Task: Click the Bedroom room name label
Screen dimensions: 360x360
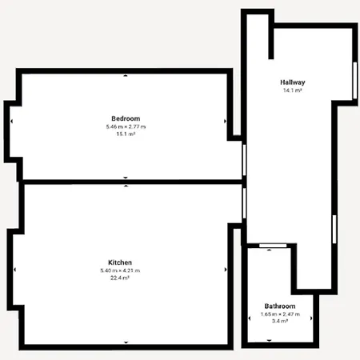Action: pos(126,118)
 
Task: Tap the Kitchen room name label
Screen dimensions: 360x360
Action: pos(120,262)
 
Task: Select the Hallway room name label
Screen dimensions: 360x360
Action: pos(293,82)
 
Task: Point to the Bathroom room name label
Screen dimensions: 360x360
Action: pos(280,306)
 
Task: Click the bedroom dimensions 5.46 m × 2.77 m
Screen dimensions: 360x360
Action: pos(126,126)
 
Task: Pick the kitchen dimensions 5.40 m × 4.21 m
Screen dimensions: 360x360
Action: pos(120,270)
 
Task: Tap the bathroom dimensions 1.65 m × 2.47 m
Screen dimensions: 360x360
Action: pos(280,314)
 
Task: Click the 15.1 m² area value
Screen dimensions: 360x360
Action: pos(126,134)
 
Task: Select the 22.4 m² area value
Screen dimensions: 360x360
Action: pos(120,278)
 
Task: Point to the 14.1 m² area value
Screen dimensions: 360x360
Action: pos(293,90)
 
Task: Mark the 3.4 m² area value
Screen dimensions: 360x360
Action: pos(280,322)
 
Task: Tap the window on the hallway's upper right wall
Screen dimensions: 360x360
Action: pos(354,80)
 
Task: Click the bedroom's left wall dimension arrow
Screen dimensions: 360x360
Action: pos(13,122)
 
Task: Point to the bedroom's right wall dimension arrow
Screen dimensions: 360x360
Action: pos(226,122)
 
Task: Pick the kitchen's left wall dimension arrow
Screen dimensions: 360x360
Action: pos(14,269)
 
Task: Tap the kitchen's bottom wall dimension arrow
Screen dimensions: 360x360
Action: pos(126,342)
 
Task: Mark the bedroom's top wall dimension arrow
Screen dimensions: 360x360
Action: pos(126,76)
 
